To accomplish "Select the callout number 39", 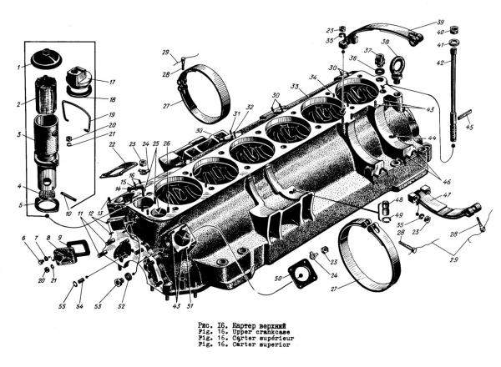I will [x=464, y=22].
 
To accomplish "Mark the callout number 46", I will [x=448, y=180].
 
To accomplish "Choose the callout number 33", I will [x=293, y=87].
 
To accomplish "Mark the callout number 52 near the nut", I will [x=122, y=304].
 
